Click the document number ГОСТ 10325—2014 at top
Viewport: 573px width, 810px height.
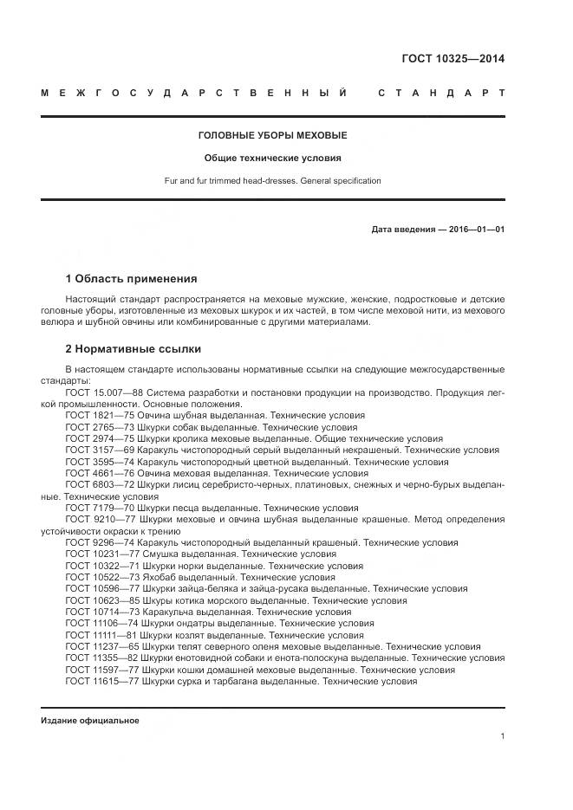coord(453,60)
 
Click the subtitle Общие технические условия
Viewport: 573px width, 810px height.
coord(272,159)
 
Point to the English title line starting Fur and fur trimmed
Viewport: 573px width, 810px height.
coord(272,181)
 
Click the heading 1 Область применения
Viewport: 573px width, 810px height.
coord(131,279)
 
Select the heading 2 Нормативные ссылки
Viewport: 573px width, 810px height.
coord(133,349)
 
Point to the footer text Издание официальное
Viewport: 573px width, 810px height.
coord(90,721)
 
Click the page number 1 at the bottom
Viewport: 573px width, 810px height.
coord(503,736)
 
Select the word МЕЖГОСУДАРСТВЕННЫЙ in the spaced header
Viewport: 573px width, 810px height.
coord(194,93)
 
